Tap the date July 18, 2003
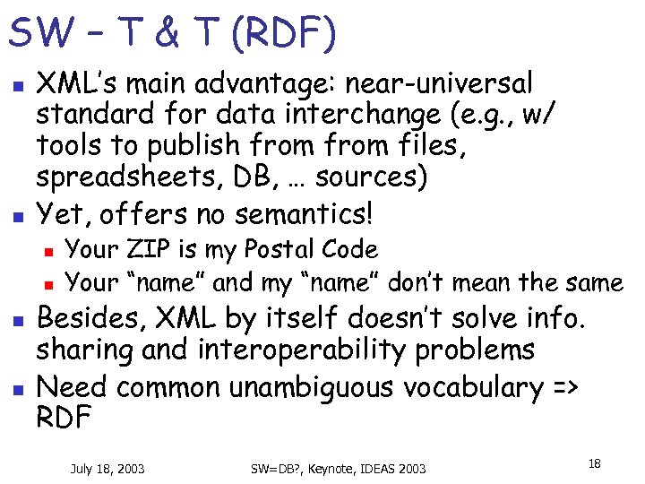pos(108,468)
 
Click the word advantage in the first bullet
pos(271,84)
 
